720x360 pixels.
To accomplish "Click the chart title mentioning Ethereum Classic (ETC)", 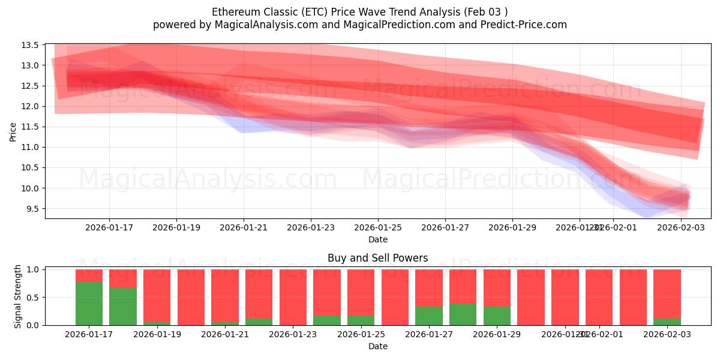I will point(360,12).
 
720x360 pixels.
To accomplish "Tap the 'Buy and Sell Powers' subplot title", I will point(377,259).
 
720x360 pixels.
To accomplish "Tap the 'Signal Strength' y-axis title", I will point(18,296).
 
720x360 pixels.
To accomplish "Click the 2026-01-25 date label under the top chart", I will point(378,227).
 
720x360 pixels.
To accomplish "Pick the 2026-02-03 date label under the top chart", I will point(680,227).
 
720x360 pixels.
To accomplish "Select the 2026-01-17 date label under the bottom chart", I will point(89,334).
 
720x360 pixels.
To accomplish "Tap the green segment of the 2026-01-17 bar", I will point(89,304).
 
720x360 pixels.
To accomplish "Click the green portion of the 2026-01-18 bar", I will point(123,307).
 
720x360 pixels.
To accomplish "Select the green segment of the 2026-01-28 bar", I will point(463,314).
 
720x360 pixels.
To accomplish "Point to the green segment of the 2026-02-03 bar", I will point(667,322).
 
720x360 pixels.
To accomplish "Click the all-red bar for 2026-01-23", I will point(293,297).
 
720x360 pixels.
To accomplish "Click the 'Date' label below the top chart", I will point(377,239).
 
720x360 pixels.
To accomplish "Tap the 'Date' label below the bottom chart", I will point(377,346).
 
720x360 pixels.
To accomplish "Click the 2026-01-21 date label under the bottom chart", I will point(225,334).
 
